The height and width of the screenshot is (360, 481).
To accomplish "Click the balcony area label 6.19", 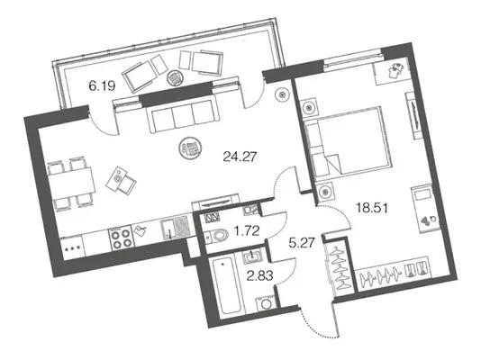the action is click(x=102, y=86).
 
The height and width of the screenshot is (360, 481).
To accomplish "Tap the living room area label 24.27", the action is click(x=240, y=157).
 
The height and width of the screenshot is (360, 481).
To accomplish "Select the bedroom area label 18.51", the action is click(x=372, y=208).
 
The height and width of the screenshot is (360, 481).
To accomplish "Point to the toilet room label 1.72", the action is click(x=247, y=230).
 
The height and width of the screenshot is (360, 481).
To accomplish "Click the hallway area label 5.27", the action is click(x=302, y=243).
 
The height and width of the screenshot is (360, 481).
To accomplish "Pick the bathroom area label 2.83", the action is click(x=259, y=276).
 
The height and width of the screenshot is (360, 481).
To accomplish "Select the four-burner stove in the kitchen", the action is click(x=121, y=238).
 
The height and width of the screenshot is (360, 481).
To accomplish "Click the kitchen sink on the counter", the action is click(x=174, y=228).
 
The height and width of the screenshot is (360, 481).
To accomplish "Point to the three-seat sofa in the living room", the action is click(x=184, y=116).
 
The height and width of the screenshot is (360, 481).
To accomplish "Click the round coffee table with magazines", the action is click(x=190, y=148).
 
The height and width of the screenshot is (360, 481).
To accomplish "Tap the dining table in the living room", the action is click(x=71, y=184).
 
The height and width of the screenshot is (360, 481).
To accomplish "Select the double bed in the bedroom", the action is click(x=349, y=144).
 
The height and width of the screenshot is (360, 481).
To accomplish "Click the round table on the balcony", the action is click(x=175, y=78).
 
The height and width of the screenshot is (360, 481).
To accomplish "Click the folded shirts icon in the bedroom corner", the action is click(x=395, y=71).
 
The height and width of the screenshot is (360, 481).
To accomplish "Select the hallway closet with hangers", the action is click(x=340, y=267).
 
